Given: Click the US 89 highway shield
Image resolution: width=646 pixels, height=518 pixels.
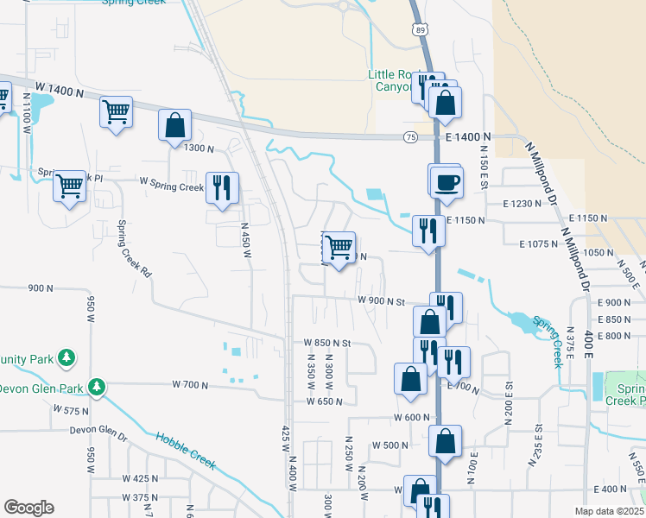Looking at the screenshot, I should (x=420, y=29).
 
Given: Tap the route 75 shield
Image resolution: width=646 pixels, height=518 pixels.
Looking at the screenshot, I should (x=410, y=137).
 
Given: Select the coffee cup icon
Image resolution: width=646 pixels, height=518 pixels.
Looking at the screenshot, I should (x=446, y=183).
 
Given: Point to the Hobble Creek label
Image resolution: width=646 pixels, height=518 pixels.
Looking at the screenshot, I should (x=185, y=450).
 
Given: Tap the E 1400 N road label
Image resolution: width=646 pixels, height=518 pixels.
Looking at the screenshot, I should (x=468, y=137).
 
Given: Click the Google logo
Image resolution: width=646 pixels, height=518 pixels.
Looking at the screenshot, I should (x=28, y=508).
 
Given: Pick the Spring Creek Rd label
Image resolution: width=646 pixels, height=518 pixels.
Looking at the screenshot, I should (x=134, y=249).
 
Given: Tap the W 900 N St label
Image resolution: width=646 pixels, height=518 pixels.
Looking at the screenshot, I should (x=381, y=301).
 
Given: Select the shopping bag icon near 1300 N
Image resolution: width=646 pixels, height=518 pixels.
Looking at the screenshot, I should (x=174, y=125).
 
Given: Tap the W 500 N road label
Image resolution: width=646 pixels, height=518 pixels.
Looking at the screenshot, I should (x=389, y=445).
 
